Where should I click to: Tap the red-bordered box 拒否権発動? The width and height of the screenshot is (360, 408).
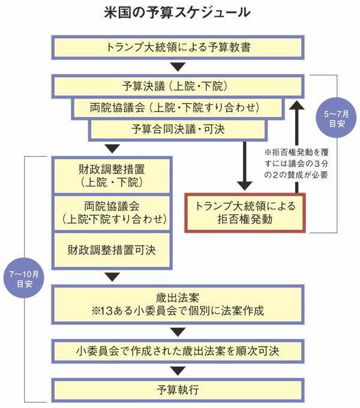point(246,213)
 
